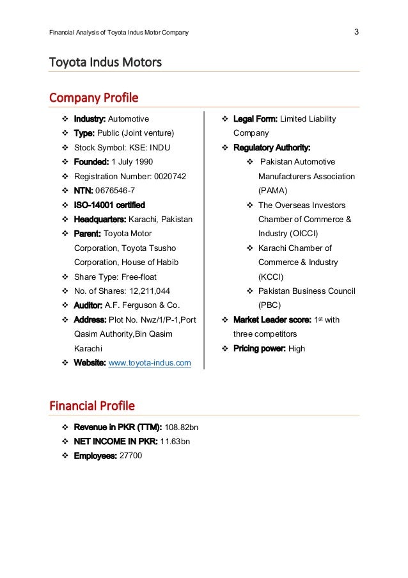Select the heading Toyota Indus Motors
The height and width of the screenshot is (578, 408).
point(106,63)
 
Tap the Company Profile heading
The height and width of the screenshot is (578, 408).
point(94,99)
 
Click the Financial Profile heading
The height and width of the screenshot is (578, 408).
point(92,406)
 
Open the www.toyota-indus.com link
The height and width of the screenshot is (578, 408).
point(150,364)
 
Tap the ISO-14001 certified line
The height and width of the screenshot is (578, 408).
point(109,205)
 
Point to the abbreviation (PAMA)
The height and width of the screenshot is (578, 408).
point(273,191)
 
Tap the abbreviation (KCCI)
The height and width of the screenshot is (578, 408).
point(272,277)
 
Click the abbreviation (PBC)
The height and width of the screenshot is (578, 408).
point(270,306)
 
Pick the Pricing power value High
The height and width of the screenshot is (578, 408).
point(297,349)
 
